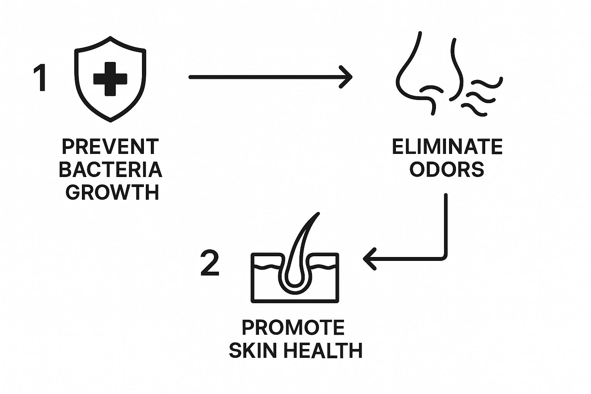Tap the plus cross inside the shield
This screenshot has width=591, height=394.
[x=110, y=78]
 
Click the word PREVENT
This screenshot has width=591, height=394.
[x=110, y=147]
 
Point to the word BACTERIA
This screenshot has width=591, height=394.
[x=110, y=169]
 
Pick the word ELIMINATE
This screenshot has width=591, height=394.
[x=447, y=147]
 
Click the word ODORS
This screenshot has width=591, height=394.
[x=447, y=169]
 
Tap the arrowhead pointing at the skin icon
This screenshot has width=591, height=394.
[x=369, y=259]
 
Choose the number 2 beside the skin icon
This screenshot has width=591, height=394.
[x=210, y=263]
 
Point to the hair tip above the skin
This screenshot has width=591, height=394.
[x=318, y=214]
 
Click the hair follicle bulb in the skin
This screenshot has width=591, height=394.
[x=295, y=285]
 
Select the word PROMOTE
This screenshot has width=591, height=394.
[x=293, y=328]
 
